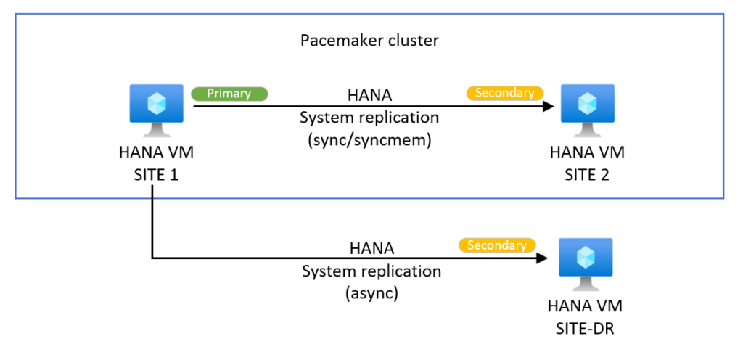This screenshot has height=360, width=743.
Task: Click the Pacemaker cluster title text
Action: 369,40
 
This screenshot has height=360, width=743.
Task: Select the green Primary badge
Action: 229,94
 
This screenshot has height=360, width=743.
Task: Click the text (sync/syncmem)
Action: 371,140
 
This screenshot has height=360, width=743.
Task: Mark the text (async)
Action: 371,293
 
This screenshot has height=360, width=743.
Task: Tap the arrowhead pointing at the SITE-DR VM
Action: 541,257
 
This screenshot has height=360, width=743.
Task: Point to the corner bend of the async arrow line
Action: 152,257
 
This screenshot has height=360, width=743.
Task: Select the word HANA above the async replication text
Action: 371,249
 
